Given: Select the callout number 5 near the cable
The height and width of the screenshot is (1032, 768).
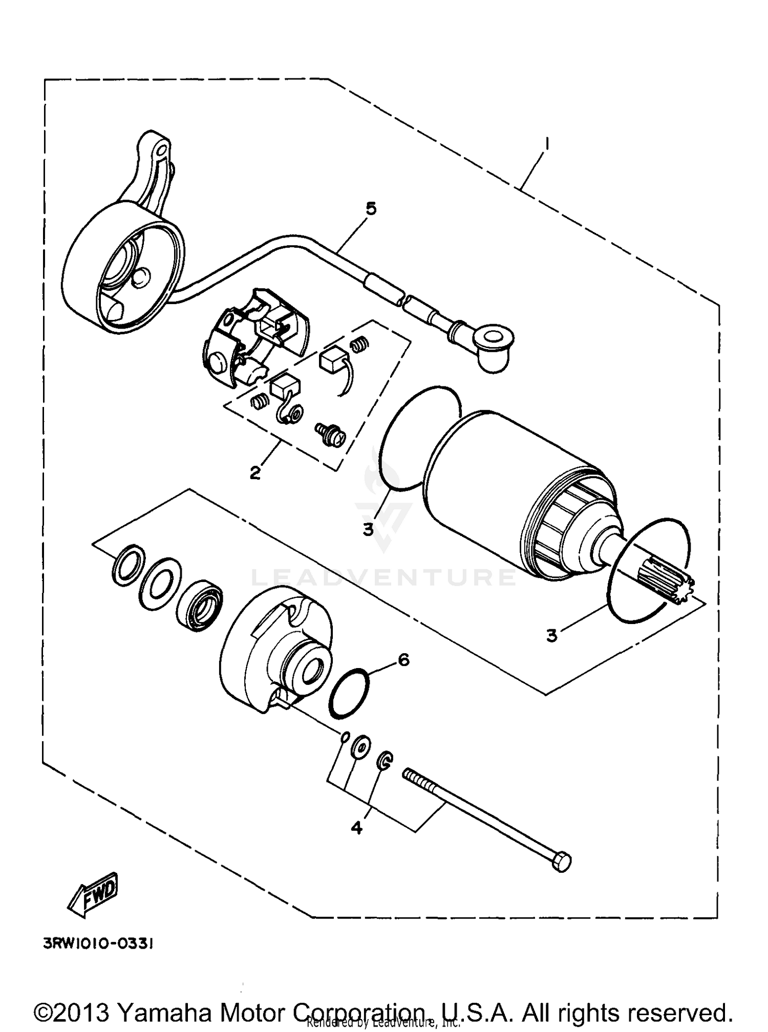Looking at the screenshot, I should coord(371,208).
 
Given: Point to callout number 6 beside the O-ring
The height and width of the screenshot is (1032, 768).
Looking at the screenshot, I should coord(403,660).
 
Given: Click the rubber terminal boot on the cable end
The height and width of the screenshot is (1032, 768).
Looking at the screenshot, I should coord(492,345).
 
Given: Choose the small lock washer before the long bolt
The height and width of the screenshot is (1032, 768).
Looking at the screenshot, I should coord(385,760).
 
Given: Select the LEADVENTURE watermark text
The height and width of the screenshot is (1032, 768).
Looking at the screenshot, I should coord(384,577).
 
